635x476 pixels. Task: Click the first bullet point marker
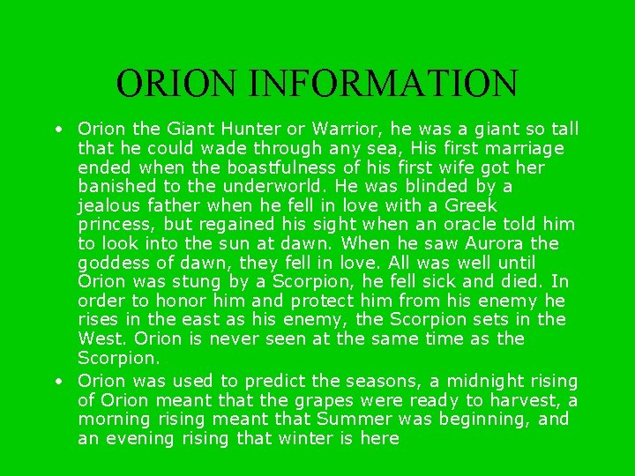pos(56,130)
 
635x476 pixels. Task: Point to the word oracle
pos(452,225)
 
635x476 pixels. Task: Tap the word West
pos(100,338)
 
